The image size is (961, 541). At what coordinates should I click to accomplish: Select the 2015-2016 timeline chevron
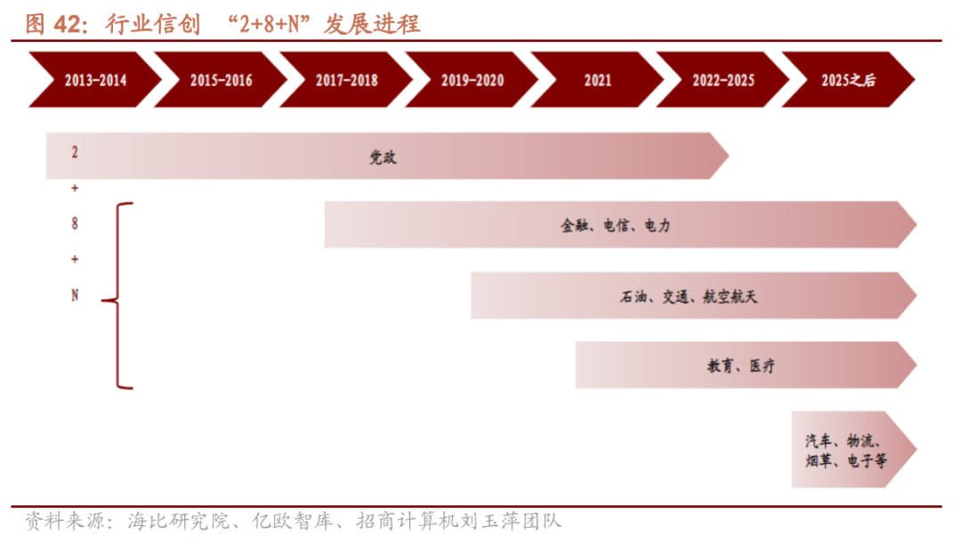coord(221,80)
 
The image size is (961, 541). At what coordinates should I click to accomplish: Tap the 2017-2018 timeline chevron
coord(346,80)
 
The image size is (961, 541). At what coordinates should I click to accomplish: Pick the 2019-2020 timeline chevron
coord(472,80)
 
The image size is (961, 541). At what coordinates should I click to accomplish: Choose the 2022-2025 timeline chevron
coord(723,80)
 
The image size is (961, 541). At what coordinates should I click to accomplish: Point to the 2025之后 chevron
coord(848,80)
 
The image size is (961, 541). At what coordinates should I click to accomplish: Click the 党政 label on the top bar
coord(384,157)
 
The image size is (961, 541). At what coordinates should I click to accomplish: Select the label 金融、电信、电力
coord(615,226)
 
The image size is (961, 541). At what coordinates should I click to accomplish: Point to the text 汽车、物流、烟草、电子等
coord(844,450)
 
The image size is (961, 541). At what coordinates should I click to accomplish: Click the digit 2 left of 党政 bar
coord(75,152)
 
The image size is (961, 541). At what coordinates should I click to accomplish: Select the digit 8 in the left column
coord(75,224)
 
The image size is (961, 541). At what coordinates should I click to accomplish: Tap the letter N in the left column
coord(75,295)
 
